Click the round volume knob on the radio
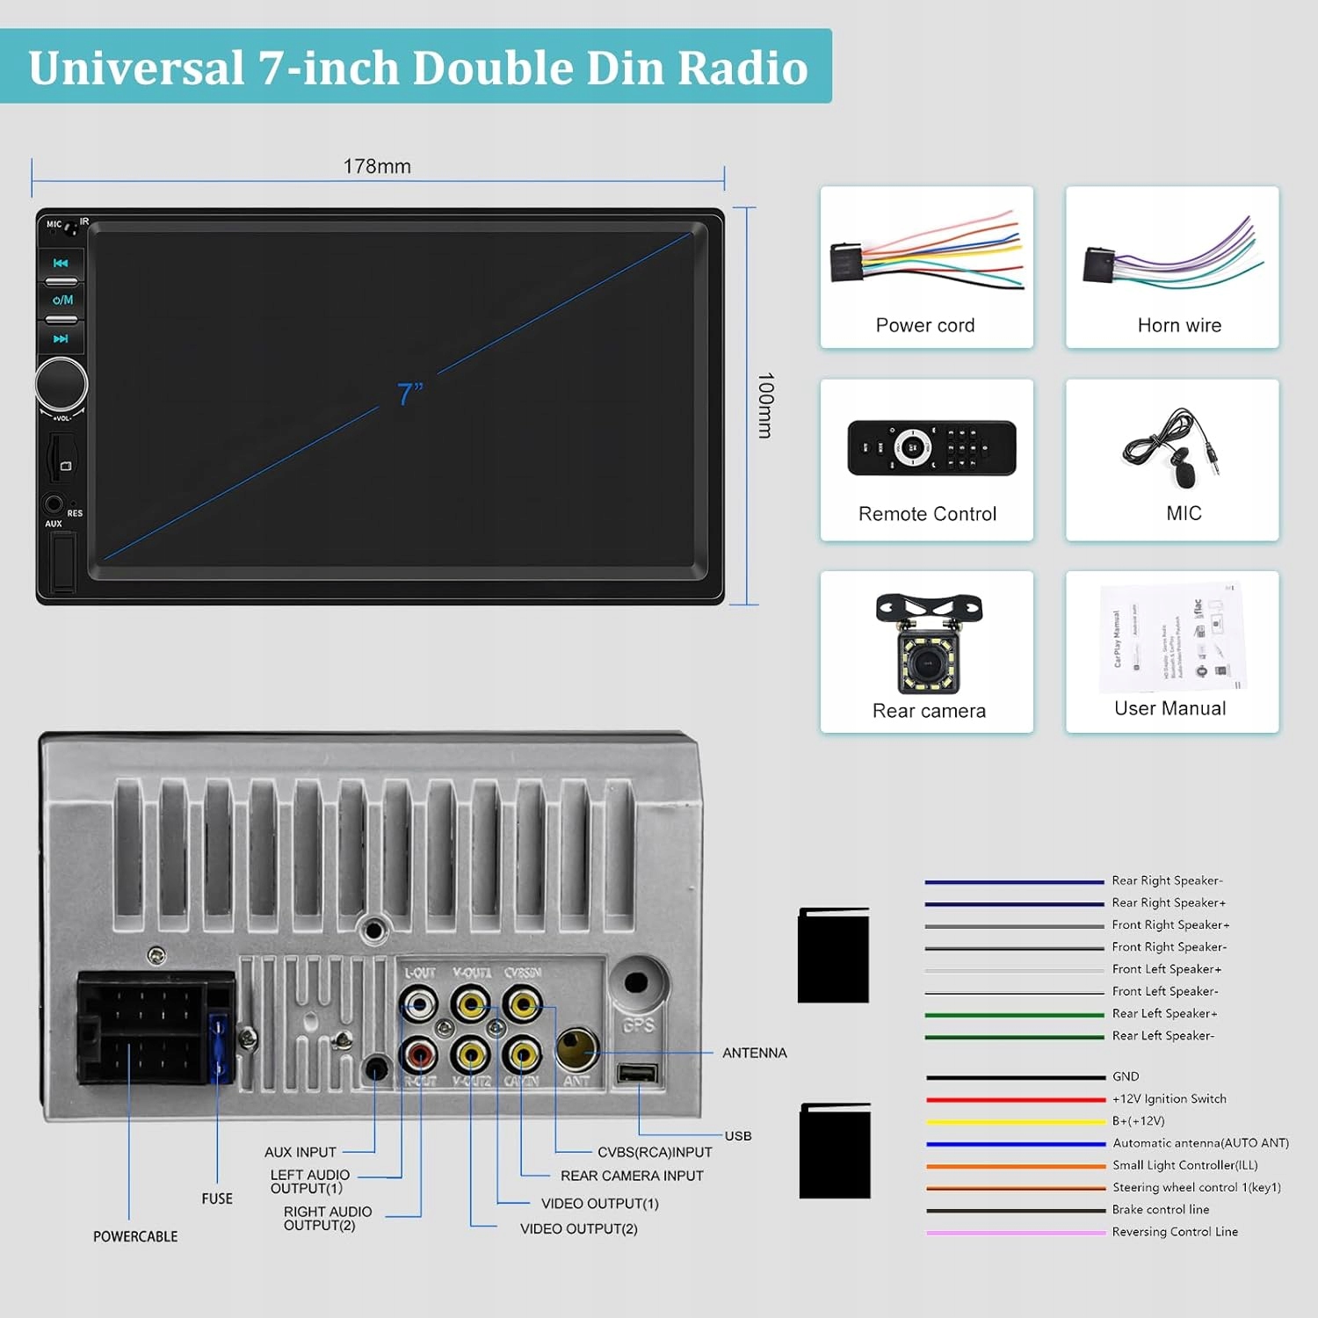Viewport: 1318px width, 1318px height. pos(62,384)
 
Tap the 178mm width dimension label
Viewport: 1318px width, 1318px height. pos(377,166)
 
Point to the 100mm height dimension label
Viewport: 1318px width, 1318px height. pos(765,405)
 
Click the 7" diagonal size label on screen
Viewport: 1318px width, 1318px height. pos(409,394)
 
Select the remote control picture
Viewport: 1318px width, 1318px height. pos(931,447)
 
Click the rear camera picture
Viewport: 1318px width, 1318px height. pos(928,644)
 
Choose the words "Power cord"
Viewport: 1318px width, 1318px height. pos(925,325)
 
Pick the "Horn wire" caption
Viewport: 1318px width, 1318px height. pos(1179,325)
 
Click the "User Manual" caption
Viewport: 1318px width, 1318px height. pos(1170,708)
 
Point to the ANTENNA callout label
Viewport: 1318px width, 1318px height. pos(754,1053)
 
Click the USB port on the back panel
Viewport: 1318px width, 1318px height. pos(637,1074)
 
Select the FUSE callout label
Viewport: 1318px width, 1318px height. pos(217,1199)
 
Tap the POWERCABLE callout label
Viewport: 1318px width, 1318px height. pos(135,1236)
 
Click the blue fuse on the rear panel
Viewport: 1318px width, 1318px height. pos(219,1047)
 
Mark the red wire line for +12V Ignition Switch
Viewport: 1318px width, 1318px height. pos(1015,1099)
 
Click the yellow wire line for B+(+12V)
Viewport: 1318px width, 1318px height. pos(1015,1122)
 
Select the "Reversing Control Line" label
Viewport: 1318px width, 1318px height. pos(1175,1232)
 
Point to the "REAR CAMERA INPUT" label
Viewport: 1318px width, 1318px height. pos(632,1176)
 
